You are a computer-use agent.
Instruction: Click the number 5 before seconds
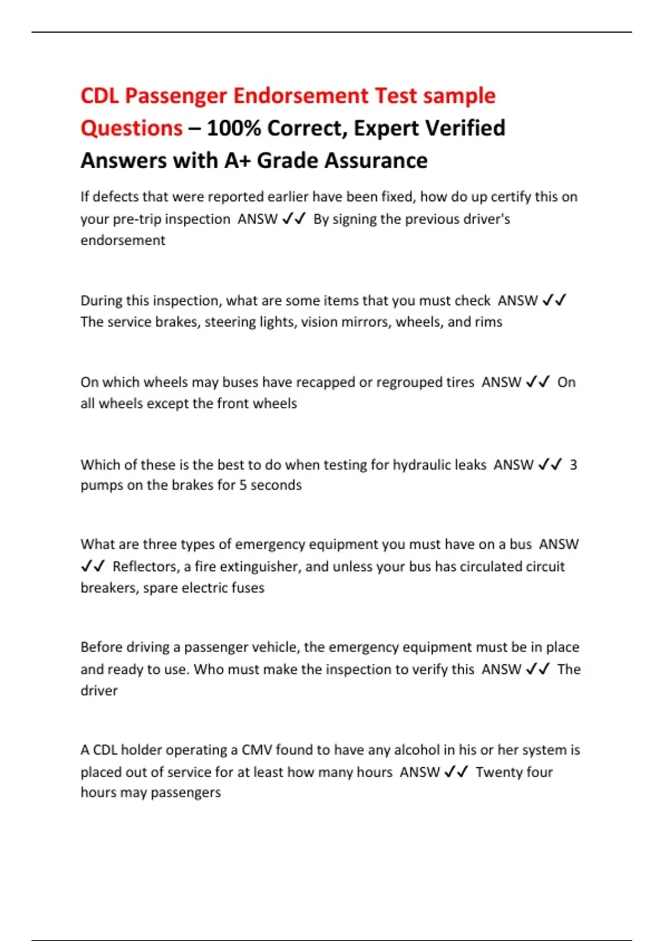[243, 485]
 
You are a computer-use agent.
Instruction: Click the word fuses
[247, 588]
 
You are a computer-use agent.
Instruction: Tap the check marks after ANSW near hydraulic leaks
[550, 464]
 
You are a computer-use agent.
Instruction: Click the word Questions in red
[131, 128]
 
